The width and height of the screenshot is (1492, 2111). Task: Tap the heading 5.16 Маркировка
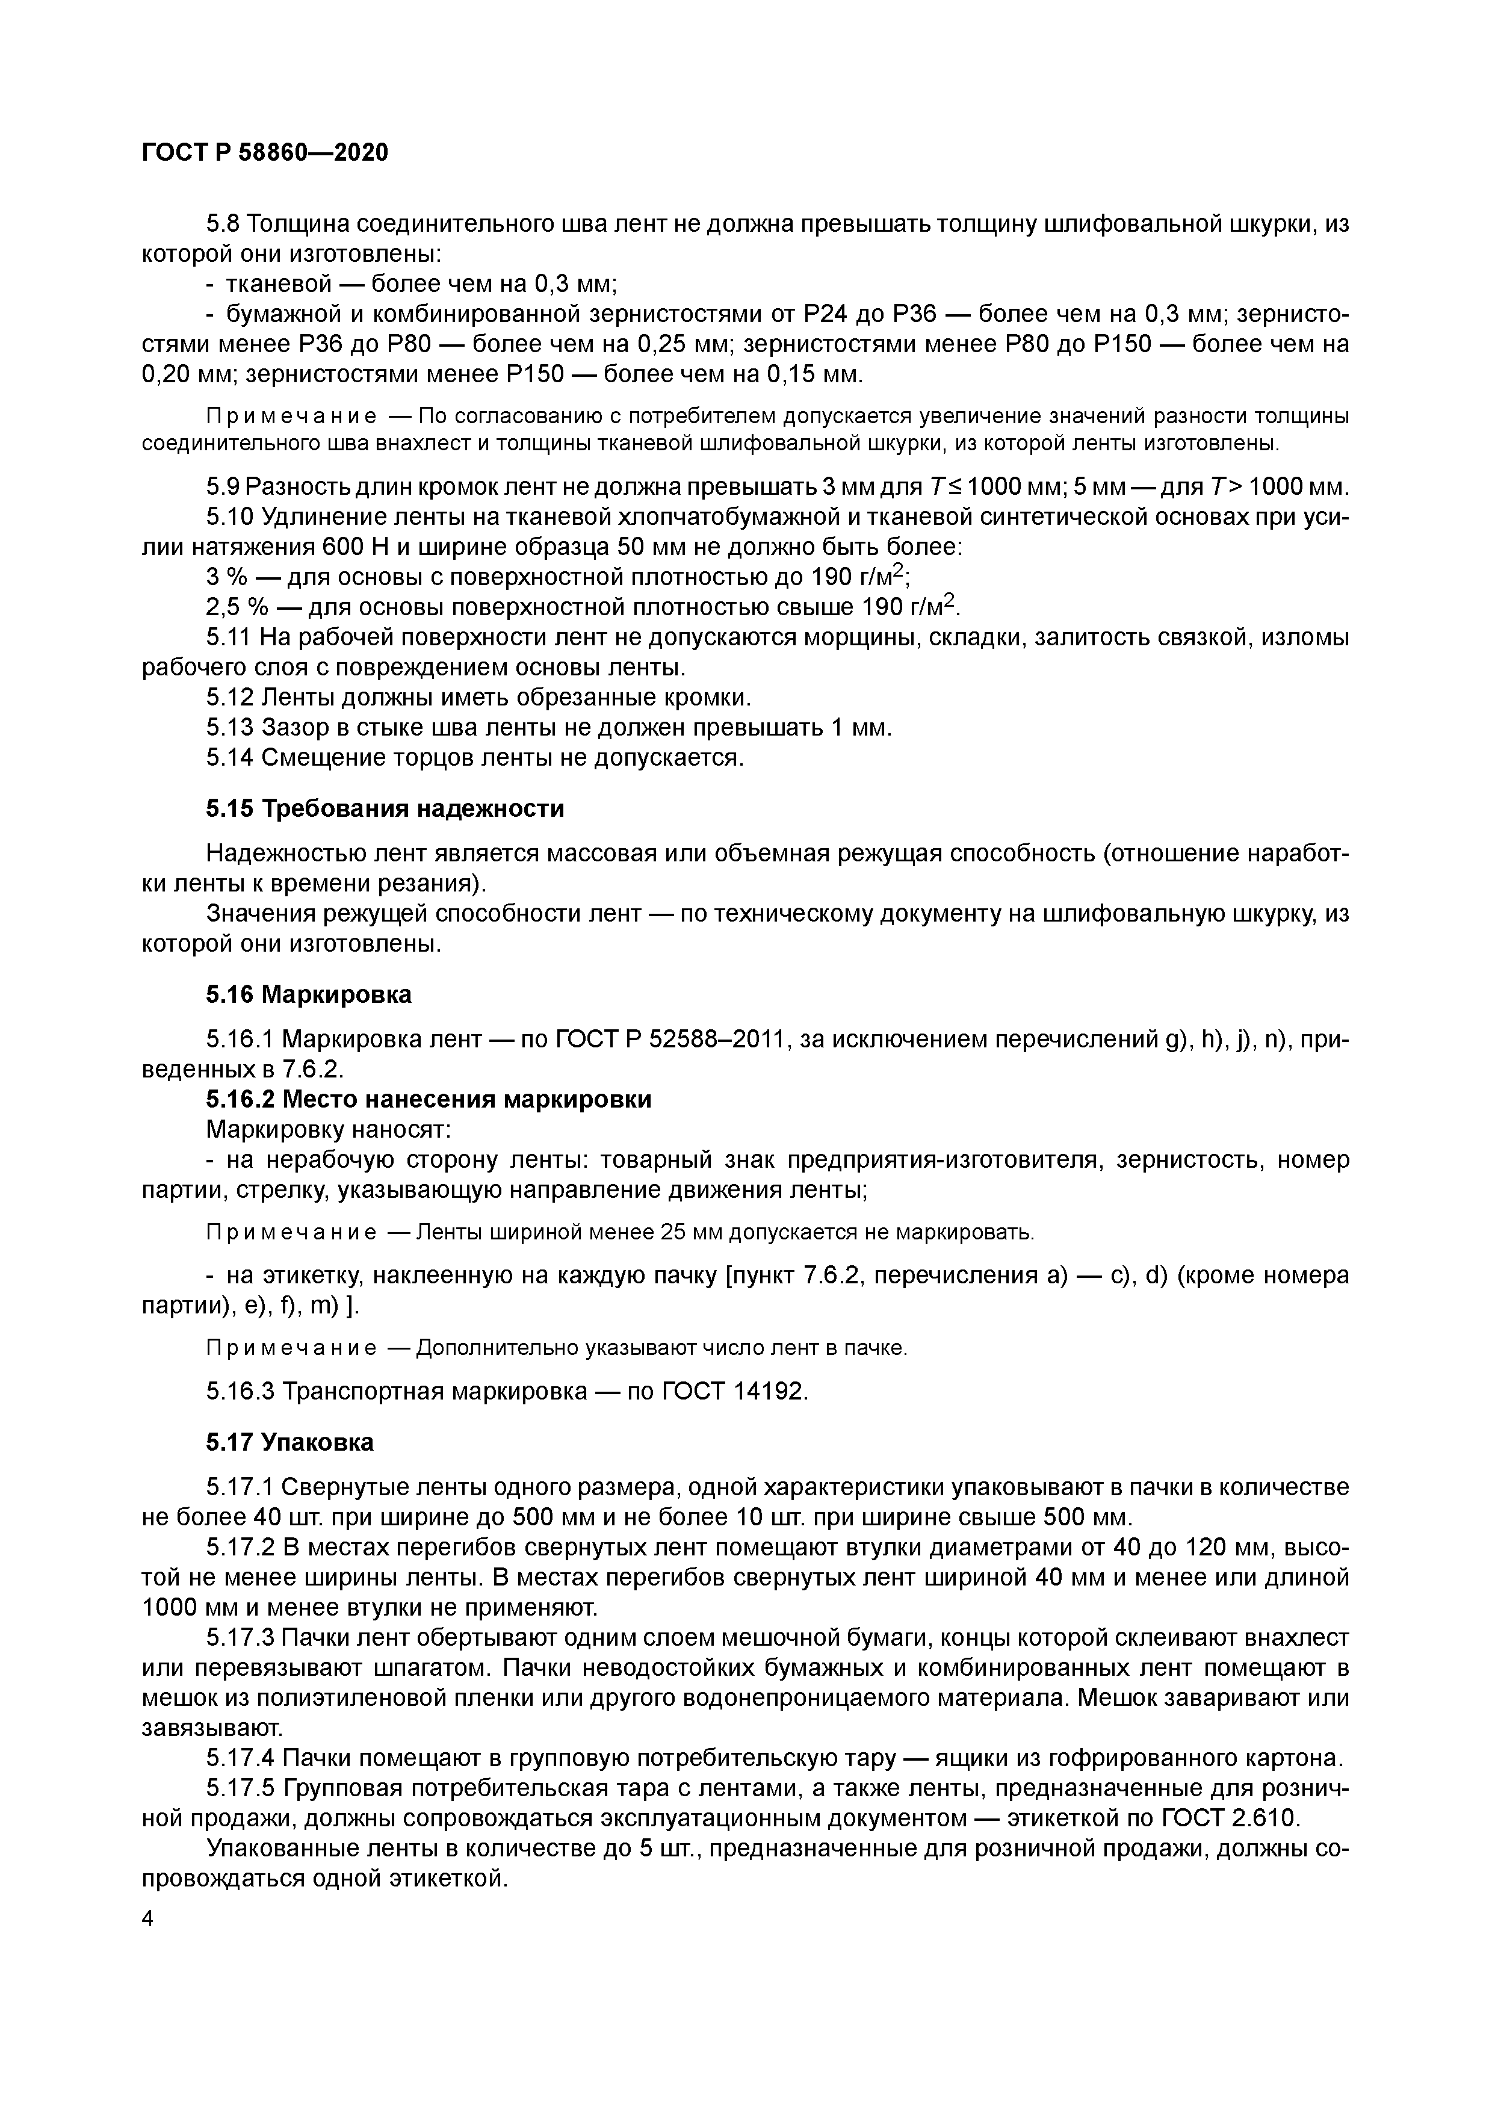tap(308, 994)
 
